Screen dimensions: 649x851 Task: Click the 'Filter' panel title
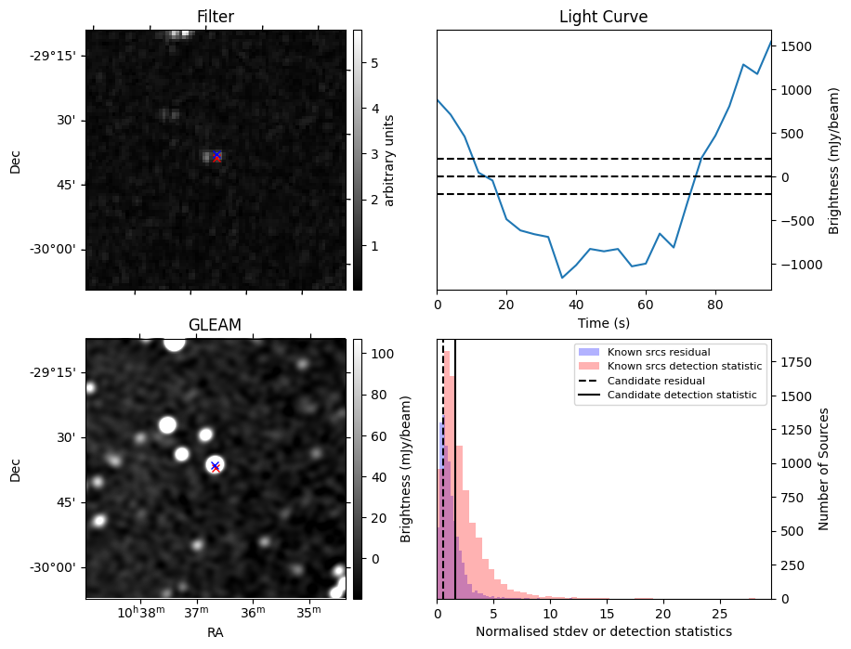[216, 17]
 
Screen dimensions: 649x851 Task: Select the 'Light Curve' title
[603, 17]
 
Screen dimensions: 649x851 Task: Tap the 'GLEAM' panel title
[216, 325]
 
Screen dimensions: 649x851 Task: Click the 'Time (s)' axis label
[603, 323]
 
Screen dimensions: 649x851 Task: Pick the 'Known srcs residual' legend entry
[659, 352]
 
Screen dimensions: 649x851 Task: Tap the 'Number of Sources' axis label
[824, 469]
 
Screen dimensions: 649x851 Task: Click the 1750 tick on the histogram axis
[792, 360]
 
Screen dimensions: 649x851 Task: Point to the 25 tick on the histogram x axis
[719, 614]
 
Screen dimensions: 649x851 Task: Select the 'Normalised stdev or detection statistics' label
[603, 631]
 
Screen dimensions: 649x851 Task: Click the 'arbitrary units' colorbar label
[389, 160]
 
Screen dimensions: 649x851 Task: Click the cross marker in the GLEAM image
[215, 466]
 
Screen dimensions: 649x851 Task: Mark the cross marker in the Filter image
[216, 156]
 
